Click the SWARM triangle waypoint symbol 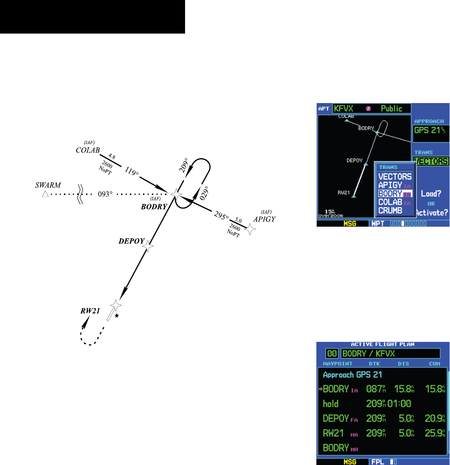coord(45,194)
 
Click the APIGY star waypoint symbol coord(250,229)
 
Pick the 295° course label coord(221,216)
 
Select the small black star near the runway coord(117,316)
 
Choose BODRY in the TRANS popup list coord(391,194)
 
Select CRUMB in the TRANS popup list coord(391,210)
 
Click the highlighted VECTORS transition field coord(431,161)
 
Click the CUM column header coord(435,363)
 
